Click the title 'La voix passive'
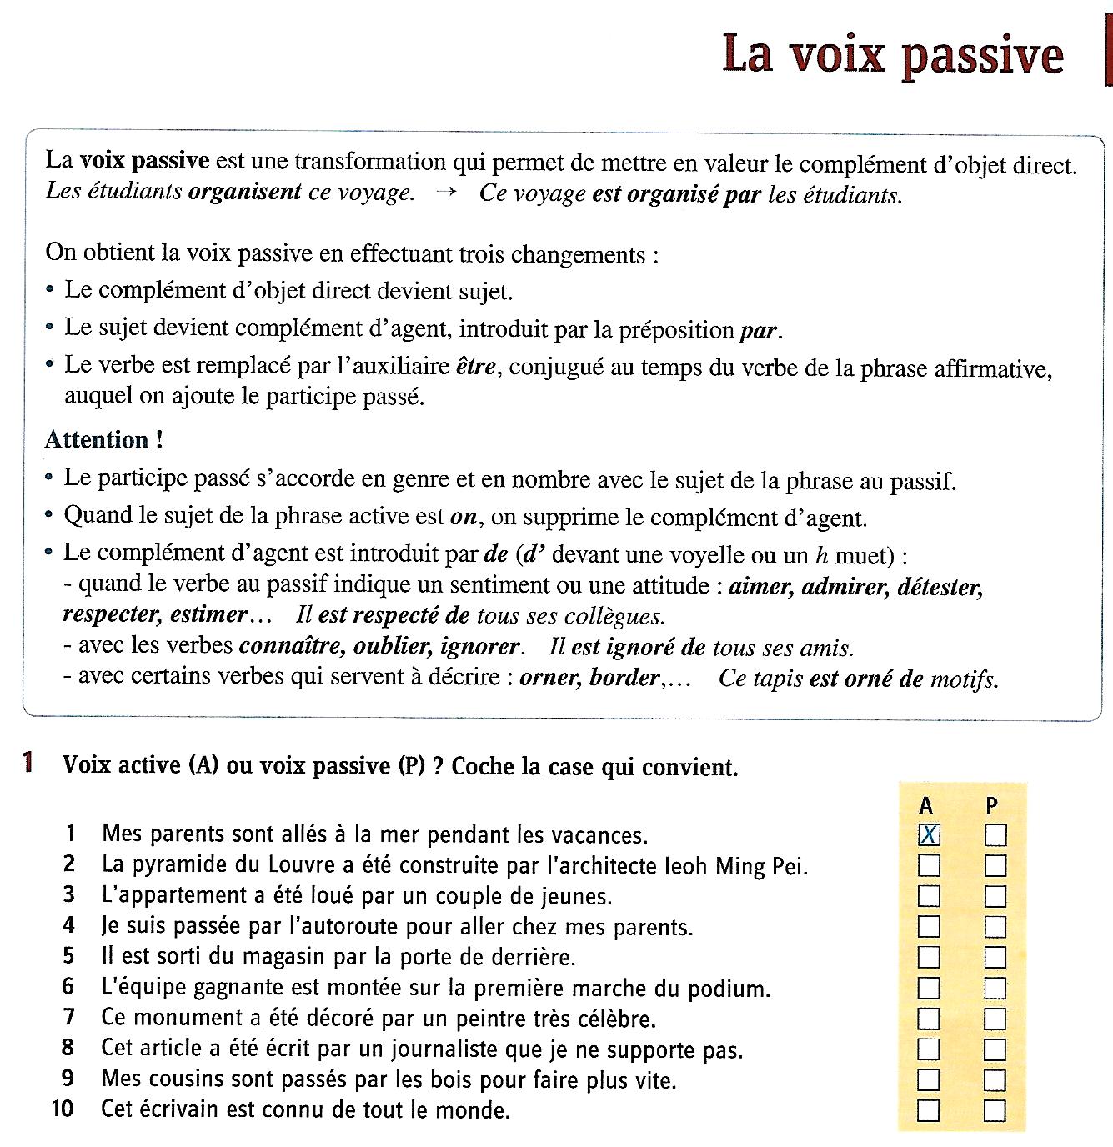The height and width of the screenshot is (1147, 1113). click(893, 55)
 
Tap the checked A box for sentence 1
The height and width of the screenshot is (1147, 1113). click(929, 834)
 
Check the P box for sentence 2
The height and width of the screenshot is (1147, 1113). click(995, 865)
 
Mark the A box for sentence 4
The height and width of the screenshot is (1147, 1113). click(929, 926)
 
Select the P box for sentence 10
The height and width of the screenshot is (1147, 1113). click(995, 1110)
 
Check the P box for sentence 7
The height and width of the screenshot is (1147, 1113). click(995, 1018)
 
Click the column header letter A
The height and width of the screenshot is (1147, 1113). click(926, 805)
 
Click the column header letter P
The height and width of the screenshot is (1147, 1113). click(991, 805)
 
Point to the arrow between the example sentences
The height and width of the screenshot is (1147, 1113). click(446, 193)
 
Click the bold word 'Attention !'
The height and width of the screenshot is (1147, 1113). click(98, 439)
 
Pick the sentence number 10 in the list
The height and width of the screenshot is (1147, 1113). click(63, 1109)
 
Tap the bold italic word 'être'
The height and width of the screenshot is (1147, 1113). click(476, 367)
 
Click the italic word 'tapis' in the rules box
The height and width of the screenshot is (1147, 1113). click(776, 679)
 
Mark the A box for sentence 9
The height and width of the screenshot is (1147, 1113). click(929, 1079)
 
